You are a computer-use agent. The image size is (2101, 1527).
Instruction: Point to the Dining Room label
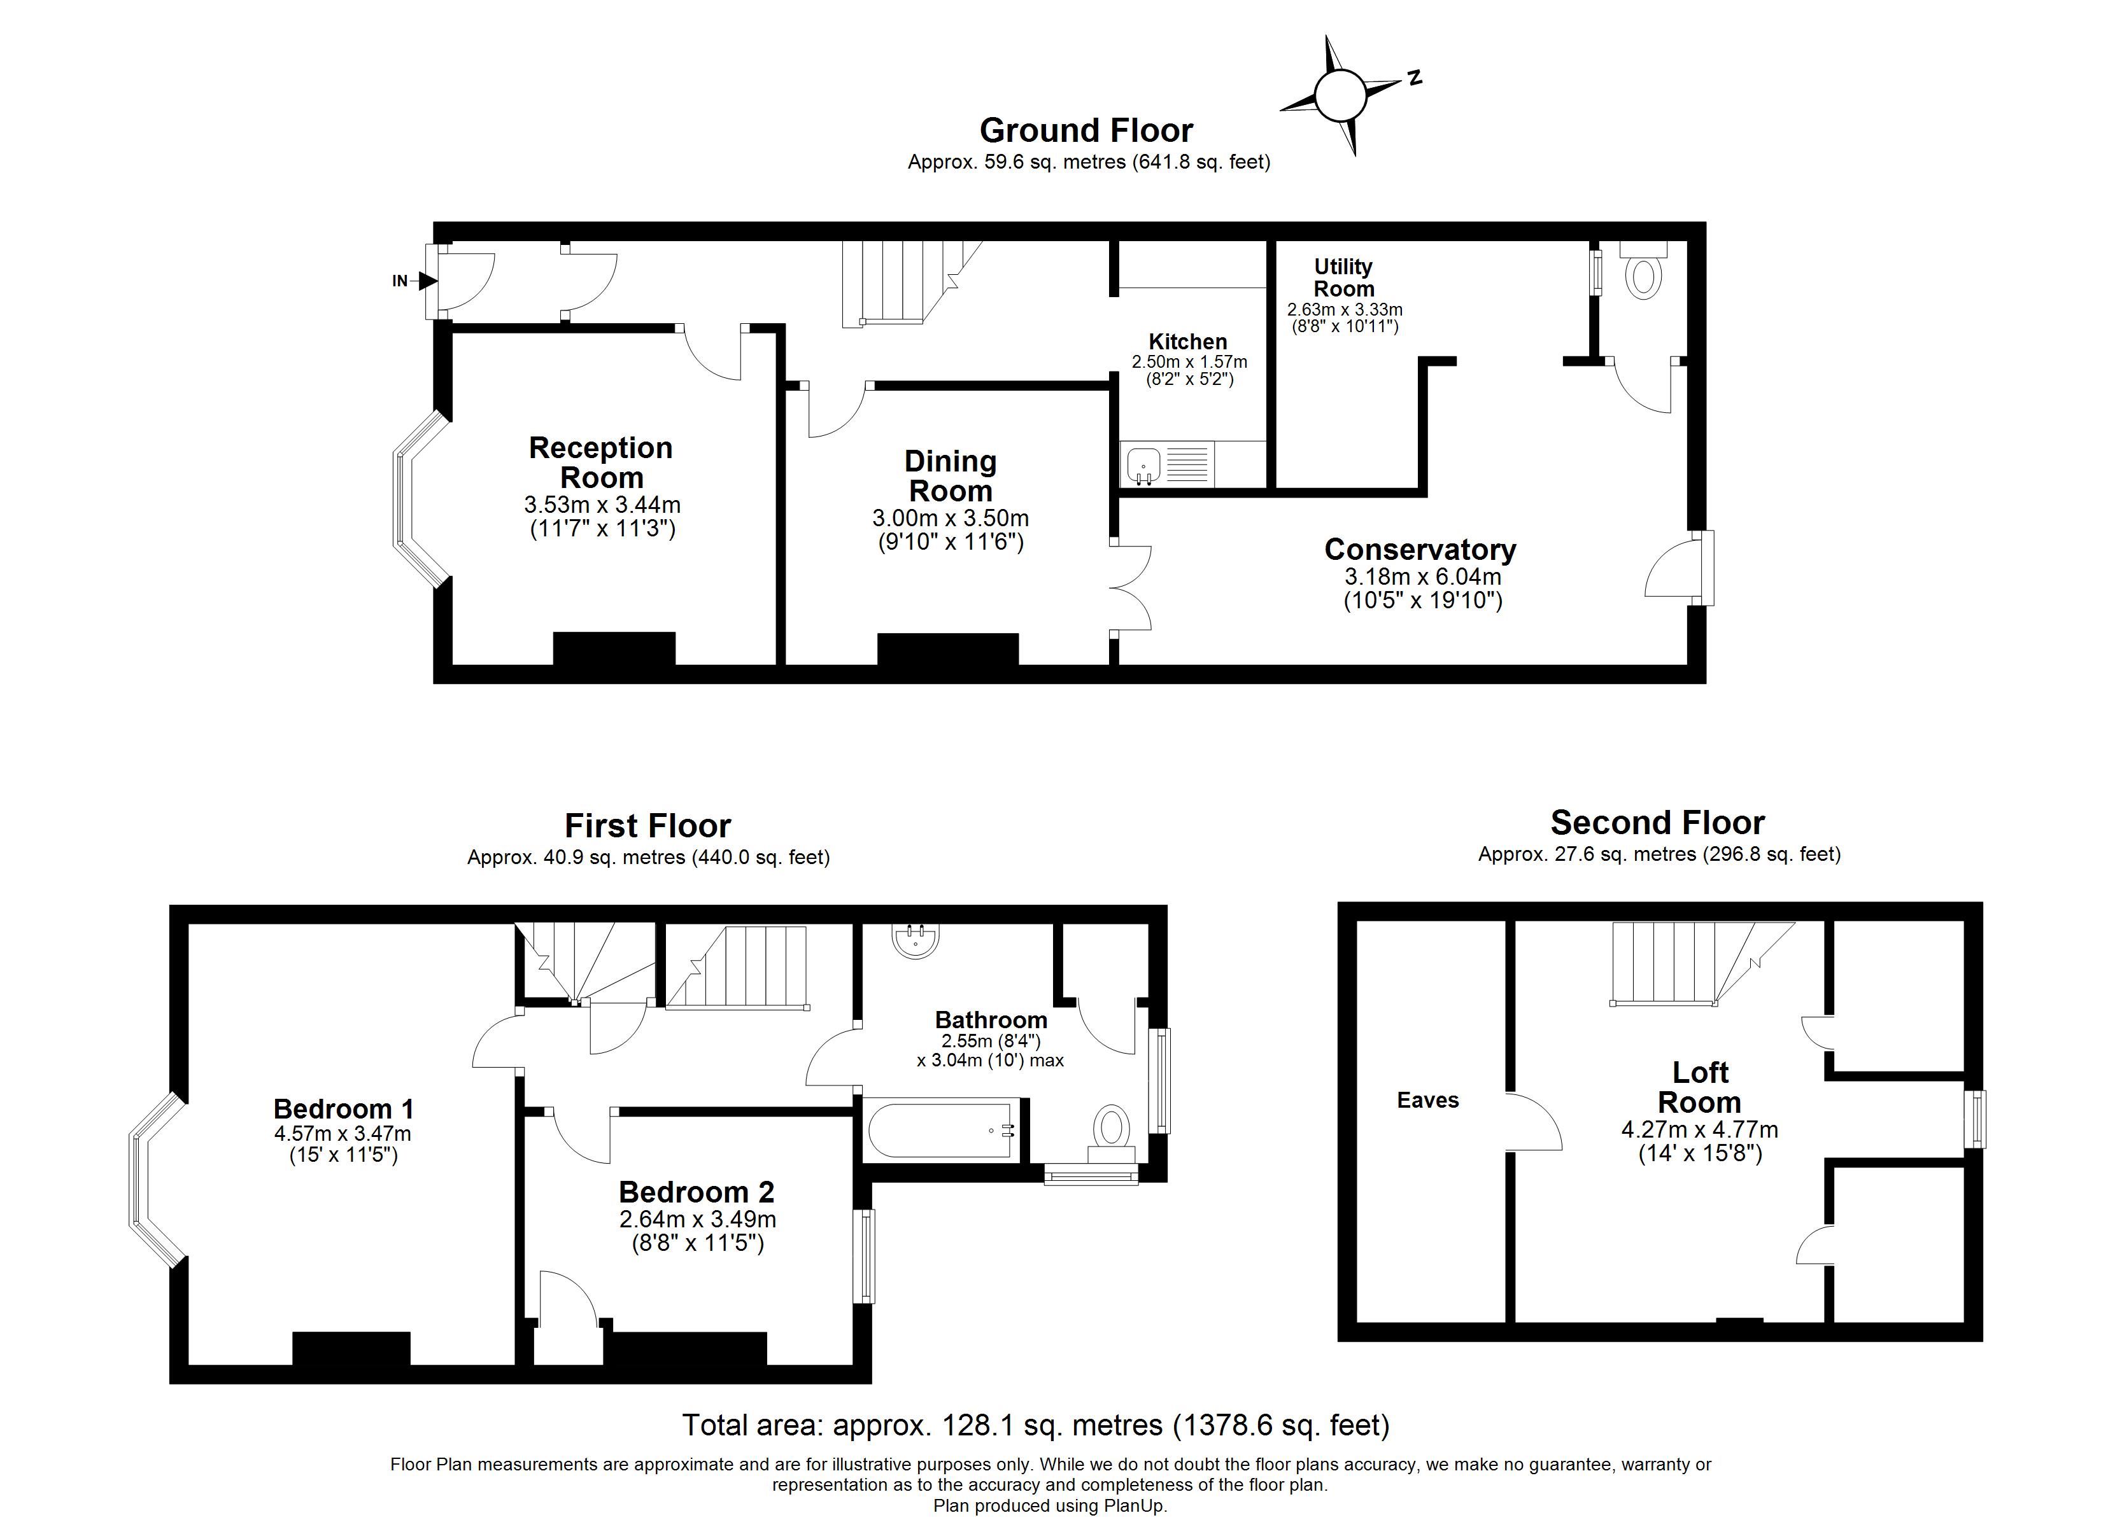[951, 475]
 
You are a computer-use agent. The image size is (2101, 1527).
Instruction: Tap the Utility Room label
[1343, 277]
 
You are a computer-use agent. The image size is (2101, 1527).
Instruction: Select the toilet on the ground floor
[1643, 270]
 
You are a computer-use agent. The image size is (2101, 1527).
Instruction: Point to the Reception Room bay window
[420, 500]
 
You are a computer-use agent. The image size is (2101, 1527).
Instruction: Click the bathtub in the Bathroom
[942, 1130]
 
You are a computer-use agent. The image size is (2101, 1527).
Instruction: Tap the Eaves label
[1427, 1100]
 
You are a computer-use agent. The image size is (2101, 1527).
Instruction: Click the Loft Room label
[1700, 1087]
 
